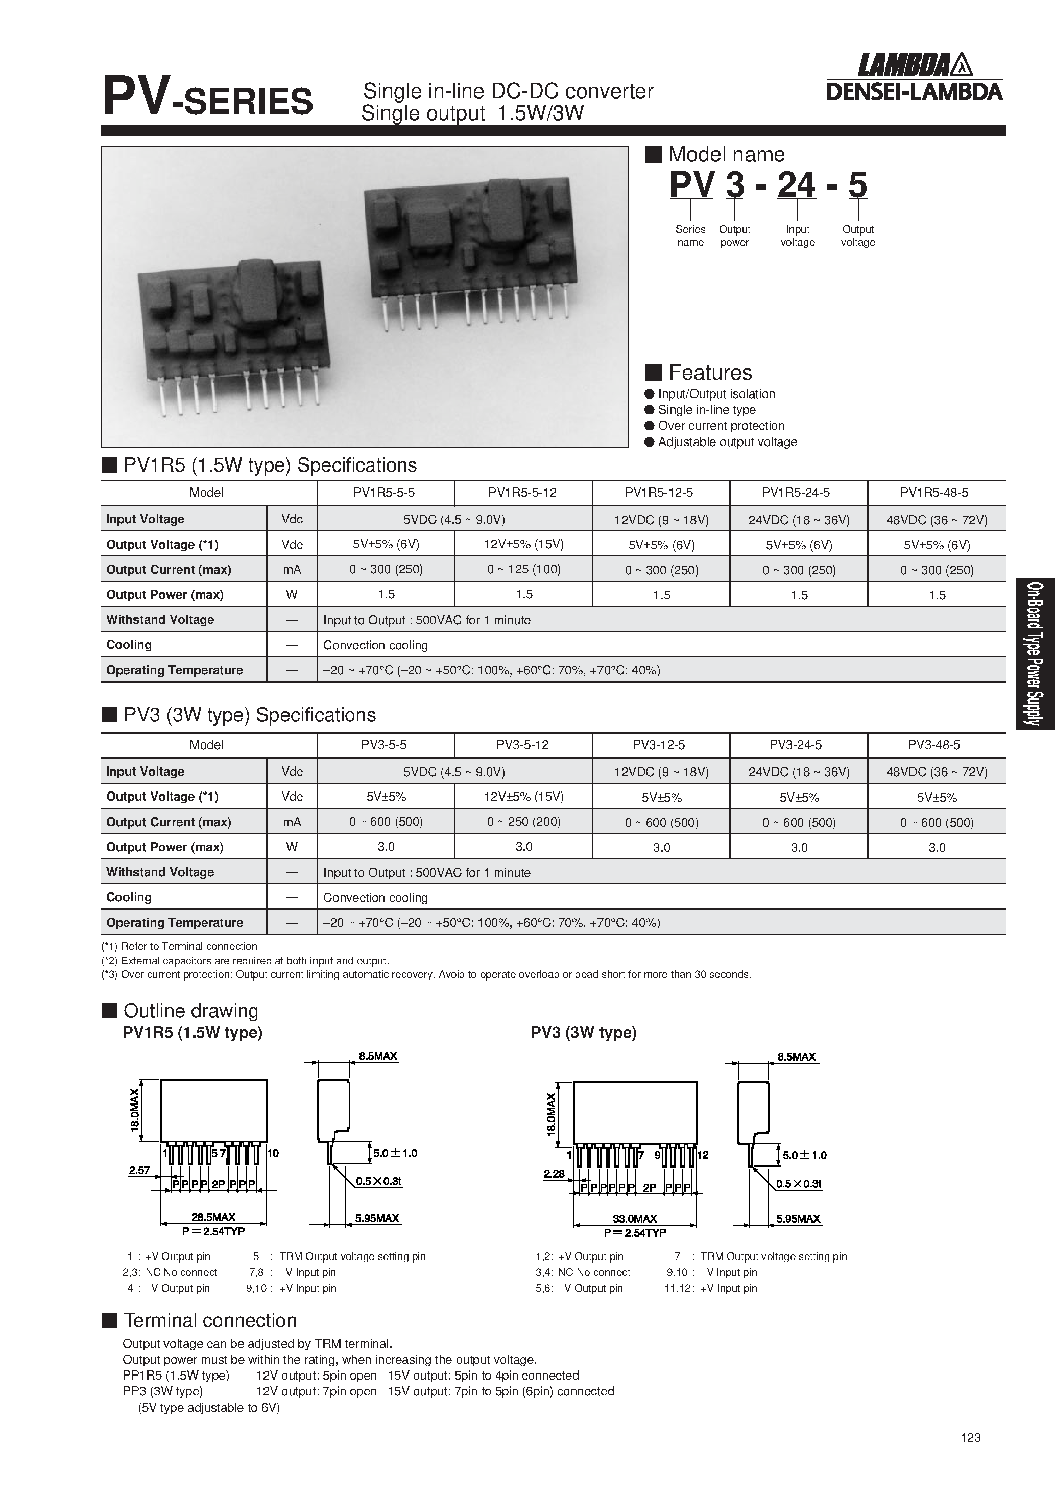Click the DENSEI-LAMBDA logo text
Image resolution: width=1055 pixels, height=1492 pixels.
point(914,91)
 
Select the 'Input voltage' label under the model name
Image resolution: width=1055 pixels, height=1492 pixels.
point(797,236)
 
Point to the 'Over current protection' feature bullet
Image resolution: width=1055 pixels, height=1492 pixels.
point(721,426)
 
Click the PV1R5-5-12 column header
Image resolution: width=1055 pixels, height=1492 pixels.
point(522,493)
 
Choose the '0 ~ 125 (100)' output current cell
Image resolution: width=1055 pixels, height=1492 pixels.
point(523,569)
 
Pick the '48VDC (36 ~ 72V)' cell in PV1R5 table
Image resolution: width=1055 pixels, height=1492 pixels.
point(936,519)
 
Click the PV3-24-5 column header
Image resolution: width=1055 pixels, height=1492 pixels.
point(799,744)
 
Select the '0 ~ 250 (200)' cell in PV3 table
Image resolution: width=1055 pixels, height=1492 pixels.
point(523,822)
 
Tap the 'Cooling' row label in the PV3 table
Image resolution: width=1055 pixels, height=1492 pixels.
point(129,897)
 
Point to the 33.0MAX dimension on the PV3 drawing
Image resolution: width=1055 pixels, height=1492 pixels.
point(635,1219)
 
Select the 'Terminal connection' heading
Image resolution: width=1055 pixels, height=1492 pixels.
point(210,1320)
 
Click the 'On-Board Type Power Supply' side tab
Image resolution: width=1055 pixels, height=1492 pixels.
point(1036,653)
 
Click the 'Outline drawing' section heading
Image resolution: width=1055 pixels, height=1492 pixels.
point(190,1011)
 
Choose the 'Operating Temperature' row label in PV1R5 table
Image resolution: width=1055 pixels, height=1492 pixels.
point(174,670)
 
